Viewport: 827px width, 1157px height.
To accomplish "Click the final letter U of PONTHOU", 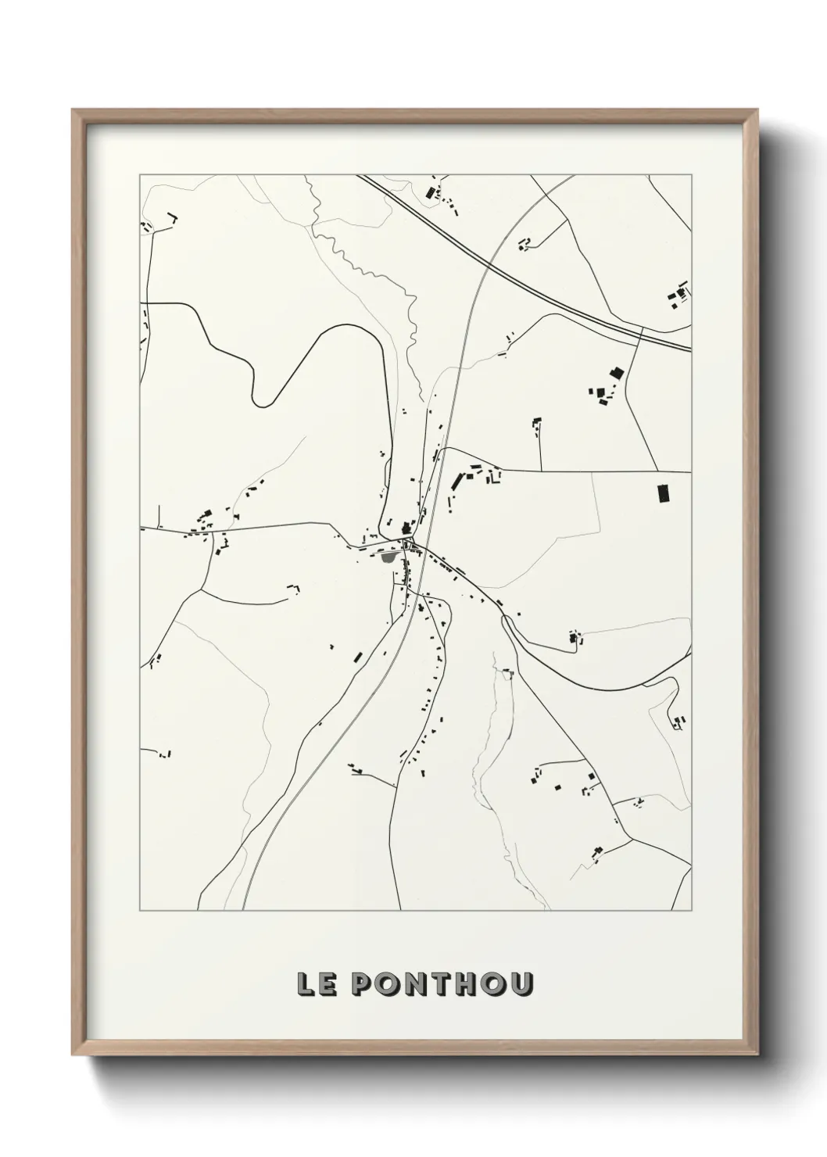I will (519, 983).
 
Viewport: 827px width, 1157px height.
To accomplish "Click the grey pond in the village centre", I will (388, 557).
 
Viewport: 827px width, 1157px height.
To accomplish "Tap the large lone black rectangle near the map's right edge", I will (664, 493).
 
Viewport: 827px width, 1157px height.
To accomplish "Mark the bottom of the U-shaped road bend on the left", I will (263, 403).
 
